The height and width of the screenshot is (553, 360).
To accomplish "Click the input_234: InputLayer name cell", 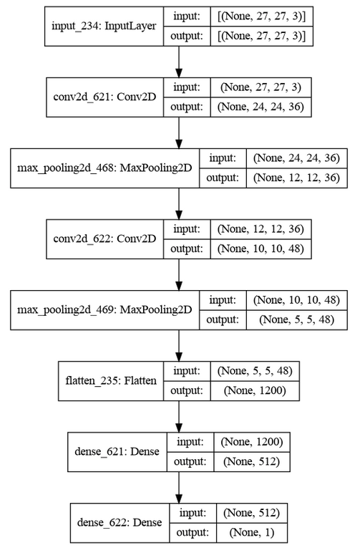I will click(103, 27).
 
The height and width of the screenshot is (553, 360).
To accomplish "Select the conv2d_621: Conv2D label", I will click(104, 97).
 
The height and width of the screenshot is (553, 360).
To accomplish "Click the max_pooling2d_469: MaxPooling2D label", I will click(104, 310).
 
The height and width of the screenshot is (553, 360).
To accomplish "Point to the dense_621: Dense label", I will click(116, 452).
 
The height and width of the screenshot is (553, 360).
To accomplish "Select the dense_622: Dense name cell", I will click(116, 523).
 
